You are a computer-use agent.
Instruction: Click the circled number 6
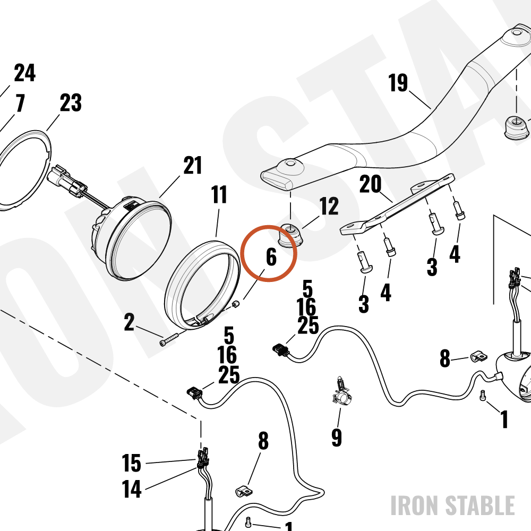point(271,256)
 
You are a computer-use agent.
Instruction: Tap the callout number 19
point(398,83)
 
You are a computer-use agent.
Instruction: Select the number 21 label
point(192,165)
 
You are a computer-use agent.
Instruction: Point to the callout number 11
point(219,194)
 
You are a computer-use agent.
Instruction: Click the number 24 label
point(25,73)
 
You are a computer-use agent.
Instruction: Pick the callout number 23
point(71,102)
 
